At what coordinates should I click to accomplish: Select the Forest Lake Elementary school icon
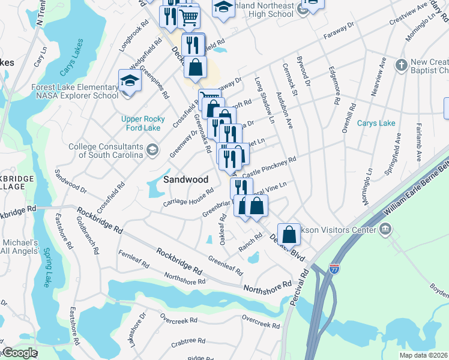click(130, 80)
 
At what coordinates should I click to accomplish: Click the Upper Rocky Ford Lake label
click(141, 123)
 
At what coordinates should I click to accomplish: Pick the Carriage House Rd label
click(188, 199)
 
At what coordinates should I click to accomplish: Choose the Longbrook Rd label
click(134, 36)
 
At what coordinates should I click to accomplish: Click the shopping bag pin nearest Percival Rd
click(289, 234)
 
